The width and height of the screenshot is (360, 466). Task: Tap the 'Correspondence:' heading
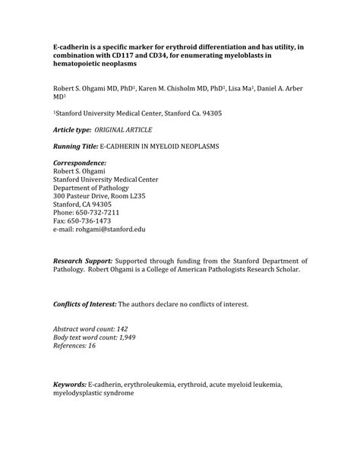coord(80,163)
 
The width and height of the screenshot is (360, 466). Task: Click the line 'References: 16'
coord(74,344)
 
